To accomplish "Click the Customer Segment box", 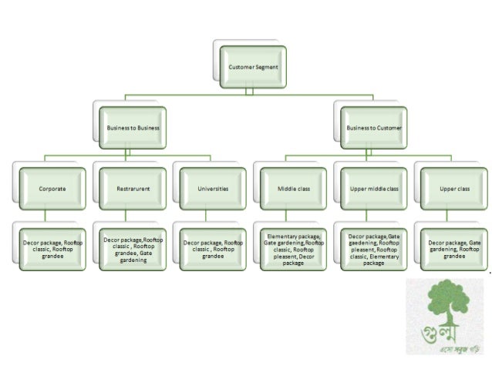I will [252, 67].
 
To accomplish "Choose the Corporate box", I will [52, 187].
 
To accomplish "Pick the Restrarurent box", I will [133, 187].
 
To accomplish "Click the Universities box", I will [213, 187].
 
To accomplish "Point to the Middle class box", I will [294, 187].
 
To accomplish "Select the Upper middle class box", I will [373, 187].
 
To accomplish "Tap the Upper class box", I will [454, 187].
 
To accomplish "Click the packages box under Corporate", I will [52, 247].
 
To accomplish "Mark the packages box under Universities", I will [213, 247].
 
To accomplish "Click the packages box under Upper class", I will [454, 247].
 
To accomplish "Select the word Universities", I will [214, 187].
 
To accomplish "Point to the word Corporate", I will [52, 187].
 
